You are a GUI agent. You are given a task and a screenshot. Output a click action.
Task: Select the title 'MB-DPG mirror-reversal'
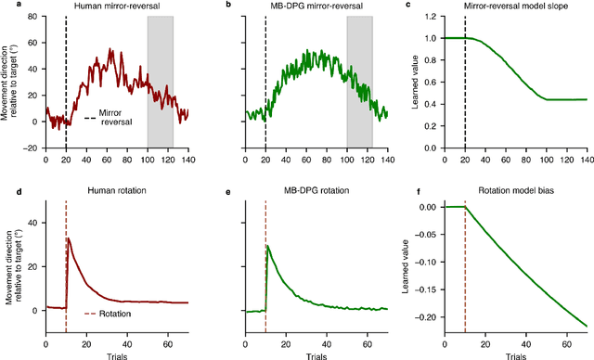[x=316, y=7]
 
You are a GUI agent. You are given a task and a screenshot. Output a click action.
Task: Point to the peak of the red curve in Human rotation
[x=68, y=239]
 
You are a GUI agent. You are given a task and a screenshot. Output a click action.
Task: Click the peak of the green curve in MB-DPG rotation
[x=267, y=246]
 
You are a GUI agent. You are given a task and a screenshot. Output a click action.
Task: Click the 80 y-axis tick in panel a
[x=33, y=19]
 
